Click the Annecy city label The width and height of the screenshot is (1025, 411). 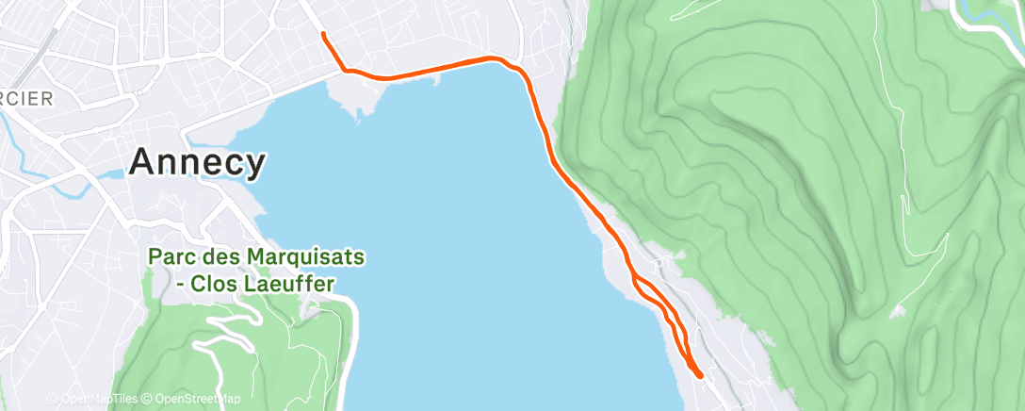(197, 162)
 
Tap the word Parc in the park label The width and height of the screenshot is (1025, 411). (173, 256)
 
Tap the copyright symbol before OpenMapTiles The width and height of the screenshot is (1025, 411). (53, 399)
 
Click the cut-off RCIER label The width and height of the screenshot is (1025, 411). (25, 98)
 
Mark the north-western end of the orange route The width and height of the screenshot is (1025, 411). (323, 34)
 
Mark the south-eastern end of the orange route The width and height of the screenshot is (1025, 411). (700, 375)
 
